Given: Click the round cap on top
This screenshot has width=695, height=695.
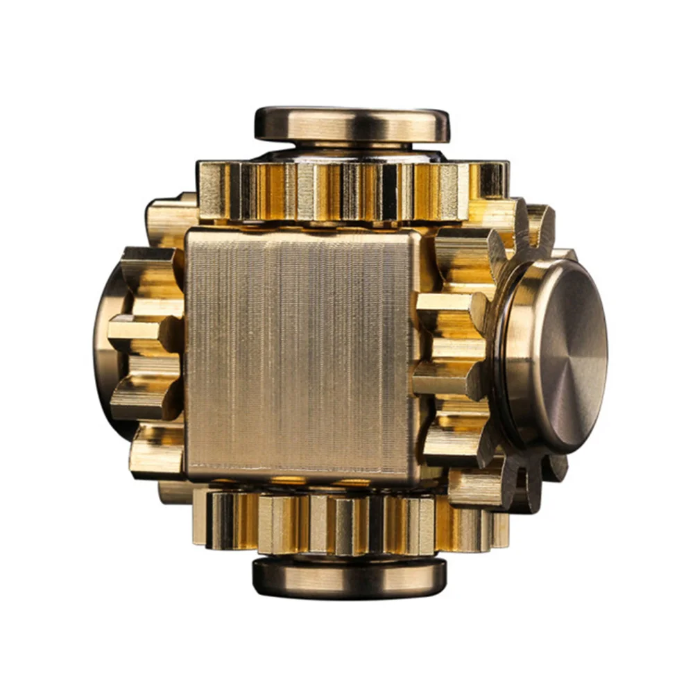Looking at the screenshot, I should click(x=352, y=125).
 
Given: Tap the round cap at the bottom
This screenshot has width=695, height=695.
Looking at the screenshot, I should click(x=349, y=578).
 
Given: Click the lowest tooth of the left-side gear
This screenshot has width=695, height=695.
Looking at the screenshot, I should click(x=156, y=451).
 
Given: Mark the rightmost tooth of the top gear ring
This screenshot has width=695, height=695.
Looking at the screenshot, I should click(x=494, y=182).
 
